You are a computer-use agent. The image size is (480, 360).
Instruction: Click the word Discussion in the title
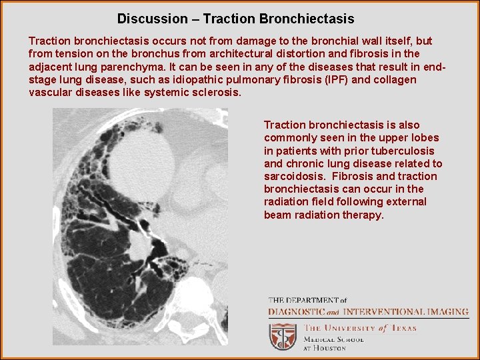coord(153,19)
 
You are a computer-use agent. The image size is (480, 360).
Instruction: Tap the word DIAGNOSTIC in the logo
coord(297,311)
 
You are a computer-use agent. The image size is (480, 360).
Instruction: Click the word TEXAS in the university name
coord(403,328)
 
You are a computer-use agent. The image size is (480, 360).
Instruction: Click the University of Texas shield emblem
coord(282,337)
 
